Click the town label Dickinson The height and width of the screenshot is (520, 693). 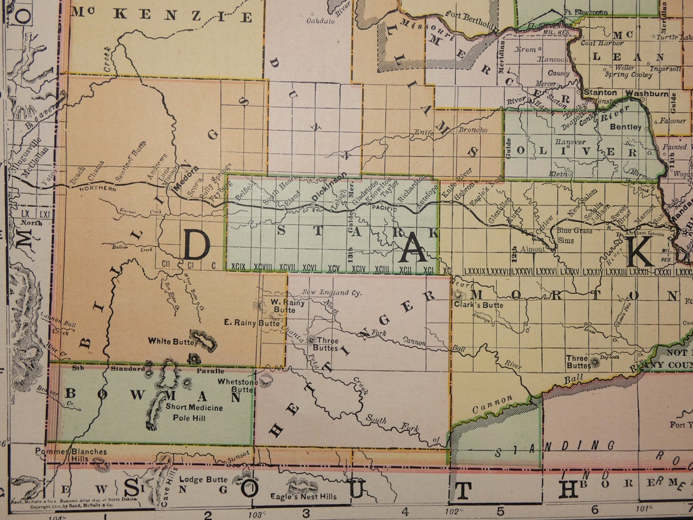(329, 187)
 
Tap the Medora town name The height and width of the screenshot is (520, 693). (186, 184)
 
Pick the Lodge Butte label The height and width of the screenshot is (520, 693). (204, 479)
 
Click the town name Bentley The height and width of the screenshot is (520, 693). (626, 127)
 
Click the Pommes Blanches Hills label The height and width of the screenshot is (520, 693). (71, 456)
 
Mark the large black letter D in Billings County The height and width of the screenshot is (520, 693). (196, 246)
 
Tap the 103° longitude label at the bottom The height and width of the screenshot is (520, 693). (256, 514)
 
